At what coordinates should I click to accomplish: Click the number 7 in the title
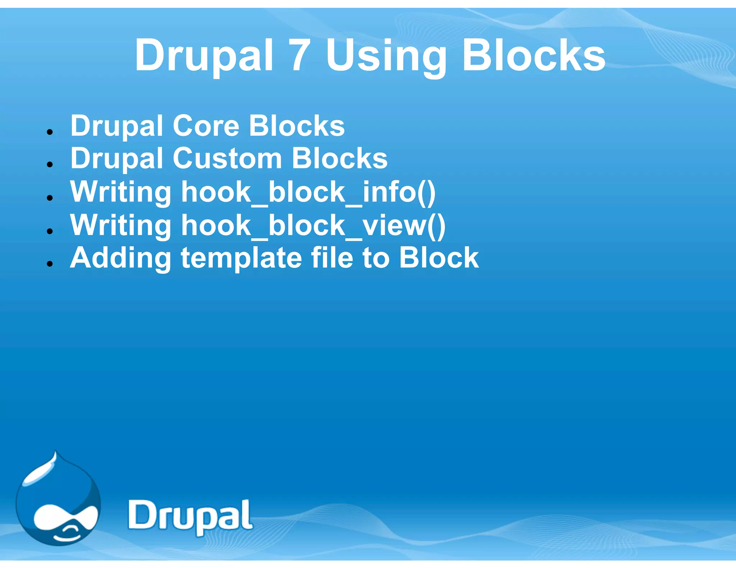coord(299,56)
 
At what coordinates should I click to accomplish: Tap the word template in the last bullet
coord(241,259)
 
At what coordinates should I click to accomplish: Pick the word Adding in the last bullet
coord(121,259)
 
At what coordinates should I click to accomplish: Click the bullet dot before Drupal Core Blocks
coord(50,132)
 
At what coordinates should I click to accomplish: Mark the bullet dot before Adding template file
coord(50,264)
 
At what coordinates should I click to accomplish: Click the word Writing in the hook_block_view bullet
coord(121,226)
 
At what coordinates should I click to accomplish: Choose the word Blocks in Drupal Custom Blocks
coord(340,159)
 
